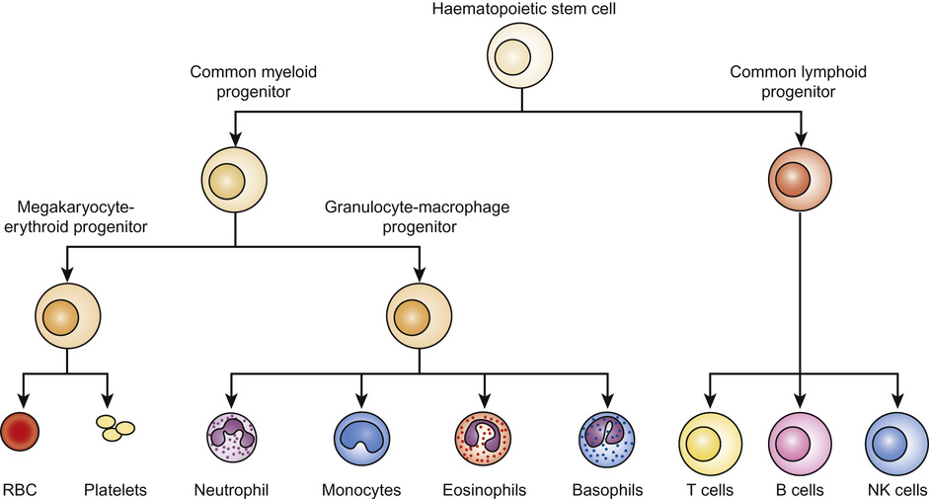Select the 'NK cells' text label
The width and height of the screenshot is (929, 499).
point(895,489)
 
